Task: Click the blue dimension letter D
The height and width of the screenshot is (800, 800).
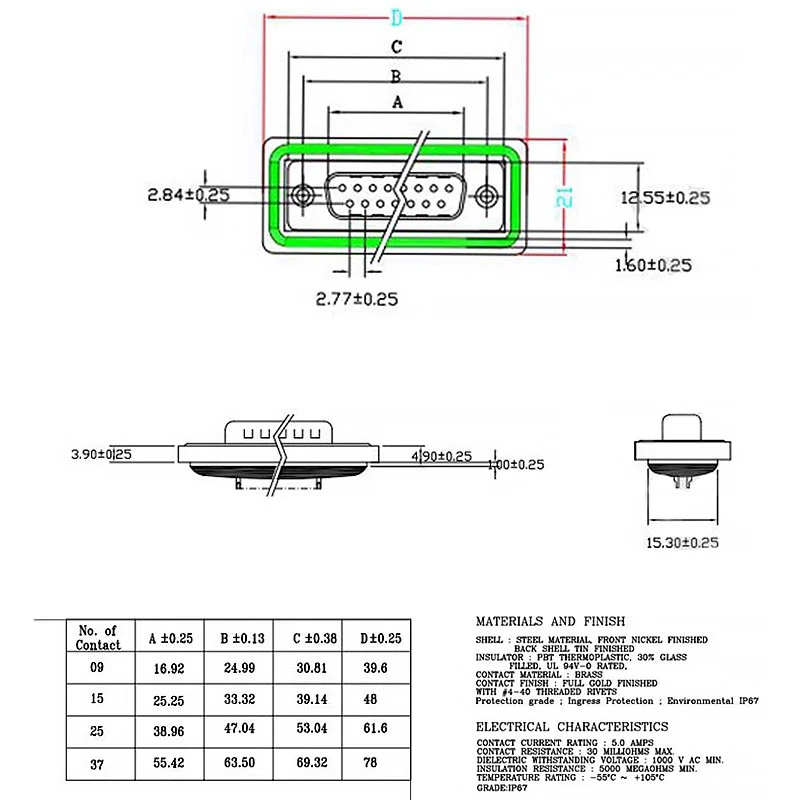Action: tap(397, 17)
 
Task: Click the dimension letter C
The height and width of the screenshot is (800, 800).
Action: tap(397, 46)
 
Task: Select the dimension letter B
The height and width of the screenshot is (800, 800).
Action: tap(396, 76)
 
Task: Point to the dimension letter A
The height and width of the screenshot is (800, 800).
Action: tap(397, 101)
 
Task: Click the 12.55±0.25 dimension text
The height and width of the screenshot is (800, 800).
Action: tap(665, 198)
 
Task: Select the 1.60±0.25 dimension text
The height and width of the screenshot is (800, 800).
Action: tap(652, 265)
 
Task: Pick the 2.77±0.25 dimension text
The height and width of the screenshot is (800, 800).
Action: tap(357, 298)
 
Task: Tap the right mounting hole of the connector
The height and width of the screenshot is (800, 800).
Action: tap(487, 194)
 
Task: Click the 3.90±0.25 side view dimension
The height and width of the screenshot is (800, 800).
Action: tap(102, 455)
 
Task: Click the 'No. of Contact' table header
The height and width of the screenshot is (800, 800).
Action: tap(98, 637)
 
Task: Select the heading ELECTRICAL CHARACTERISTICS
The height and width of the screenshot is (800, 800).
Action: tap(571, 726)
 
